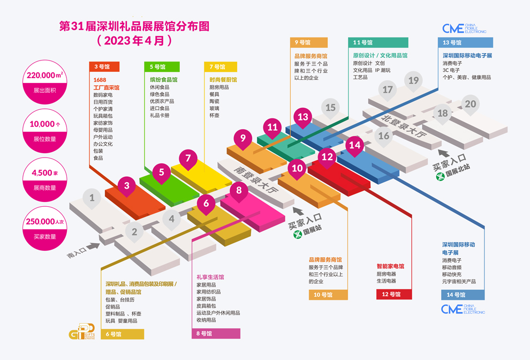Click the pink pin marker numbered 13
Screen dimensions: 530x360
tap(303, 117)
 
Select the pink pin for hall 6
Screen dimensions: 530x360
tap(206, 204)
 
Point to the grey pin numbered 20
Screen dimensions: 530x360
tap(470, 104)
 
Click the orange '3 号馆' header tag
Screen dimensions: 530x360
tap(104, 66)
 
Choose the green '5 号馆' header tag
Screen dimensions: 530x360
tap(162, 66)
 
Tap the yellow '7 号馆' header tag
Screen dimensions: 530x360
tap(221, 66)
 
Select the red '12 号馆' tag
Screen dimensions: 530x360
tap(394, 294)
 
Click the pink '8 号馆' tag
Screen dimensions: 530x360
tap(216, 334)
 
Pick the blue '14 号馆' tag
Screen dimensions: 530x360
tap(463, 295)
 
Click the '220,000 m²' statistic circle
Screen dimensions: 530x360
tap(45, 82)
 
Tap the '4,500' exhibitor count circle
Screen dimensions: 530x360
tap(45, 179)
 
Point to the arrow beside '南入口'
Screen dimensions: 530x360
tap(93, 246)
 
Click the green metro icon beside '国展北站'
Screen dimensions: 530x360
tap(440, 176)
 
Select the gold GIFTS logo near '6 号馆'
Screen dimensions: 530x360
tap(82, 332)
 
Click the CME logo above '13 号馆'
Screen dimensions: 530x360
tap(464, 28)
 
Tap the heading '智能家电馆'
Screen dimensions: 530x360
tap(390, 266)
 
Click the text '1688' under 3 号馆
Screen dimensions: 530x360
tap(100, 80)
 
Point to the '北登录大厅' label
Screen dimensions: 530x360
tap(403, 126)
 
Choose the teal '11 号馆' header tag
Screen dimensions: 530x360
tap(378, 42)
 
